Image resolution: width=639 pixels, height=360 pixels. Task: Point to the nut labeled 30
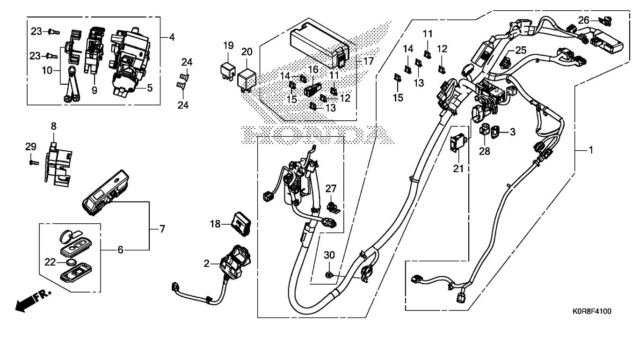click(329, 275)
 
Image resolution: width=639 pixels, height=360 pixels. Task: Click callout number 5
click(150, 88)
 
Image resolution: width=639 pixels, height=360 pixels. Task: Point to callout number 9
click(94, 90)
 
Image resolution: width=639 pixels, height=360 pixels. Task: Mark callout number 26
click(583, 20)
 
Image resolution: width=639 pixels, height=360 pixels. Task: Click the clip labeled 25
click(506, 62)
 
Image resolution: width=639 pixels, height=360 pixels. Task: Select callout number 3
click(513, 132)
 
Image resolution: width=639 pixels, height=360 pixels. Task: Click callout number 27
click(331, 188)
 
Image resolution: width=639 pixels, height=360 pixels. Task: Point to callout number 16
click(312, 69)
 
